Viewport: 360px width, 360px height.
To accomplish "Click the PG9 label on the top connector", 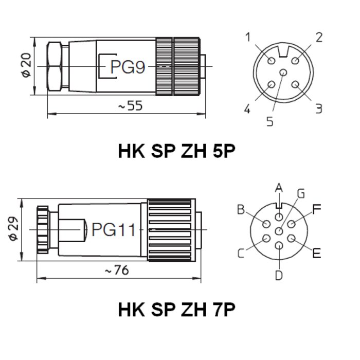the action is click(x=128, y=67).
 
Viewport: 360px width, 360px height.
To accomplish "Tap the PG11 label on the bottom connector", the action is click(x=114, y=229).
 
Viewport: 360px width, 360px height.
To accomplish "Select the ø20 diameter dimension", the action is click(x=26, y=65).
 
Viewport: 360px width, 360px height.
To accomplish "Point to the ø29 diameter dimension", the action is click(x=13, y=228).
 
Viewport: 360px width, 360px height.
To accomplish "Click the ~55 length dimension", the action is click(x=130, y=105).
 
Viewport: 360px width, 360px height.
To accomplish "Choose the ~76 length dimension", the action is click(x=117, y=270).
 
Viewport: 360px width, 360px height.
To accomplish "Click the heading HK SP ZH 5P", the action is click(x=176, y=151).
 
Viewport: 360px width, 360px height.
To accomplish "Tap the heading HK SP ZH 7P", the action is click(x=176, y=310).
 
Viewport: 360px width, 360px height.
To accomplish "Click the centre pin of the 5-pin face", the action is click(x=283, y=73).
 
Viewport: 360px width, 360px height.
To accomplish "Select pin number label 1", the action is click(x=248, y=37).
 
